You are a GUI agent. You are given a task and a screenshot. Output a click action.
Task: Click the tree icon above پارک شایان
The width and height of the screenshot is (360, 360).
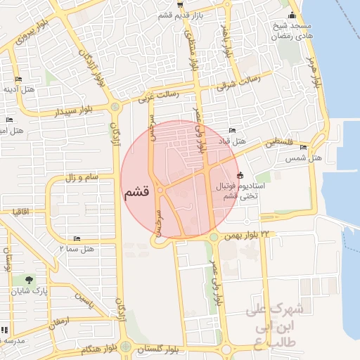[29, 280]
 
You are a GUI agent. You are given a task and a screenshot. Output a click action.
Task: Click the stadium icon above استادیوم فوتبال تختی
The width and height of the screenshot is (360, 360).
[240, 175]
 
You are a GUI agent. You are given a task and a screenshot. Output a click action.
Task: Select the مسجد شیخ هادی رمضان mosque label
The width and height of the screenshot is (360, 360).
[293, 30]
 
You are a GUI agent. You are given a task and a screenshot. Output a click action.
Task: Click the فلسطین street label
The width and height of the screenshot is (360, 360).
[281, 142]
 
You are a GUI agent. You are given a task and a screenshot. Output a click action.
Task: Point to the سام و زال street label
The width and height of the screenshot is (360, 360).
[82, 178]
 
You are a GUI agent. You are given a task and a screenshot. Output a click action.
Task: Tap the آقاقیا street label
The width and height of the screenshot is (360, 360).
[19, 210]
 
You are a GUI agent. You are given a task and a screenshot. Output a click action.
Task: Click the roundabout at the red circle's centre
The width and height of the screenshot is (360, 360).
[161, 190]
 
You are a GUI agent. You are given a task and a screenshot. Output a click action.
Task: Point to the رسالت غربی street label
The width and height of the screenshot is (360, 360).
[158, 95]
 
